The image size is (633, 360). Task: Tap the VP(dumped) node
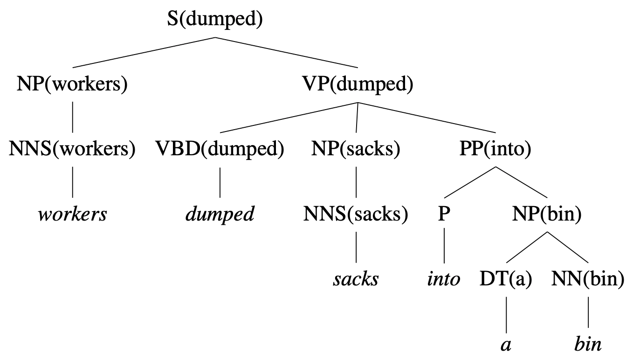358,85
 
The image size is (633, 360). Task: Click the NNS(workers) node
72,150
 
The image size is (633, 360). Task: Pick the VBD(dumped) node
220,150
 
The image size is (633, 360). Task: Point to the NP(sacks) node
356,150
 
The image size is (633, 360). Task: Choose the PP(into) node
495,150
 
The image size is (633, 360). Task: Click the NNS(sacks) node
356,214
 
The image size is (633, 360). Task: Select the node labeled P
444,214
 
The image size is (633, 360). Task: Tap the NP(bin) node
546,214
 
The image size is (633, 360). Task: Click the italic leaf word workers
72,215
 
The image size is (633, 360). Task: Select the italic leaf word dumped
220,215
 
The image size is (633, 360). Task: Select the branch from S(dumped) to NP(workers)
143,52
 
